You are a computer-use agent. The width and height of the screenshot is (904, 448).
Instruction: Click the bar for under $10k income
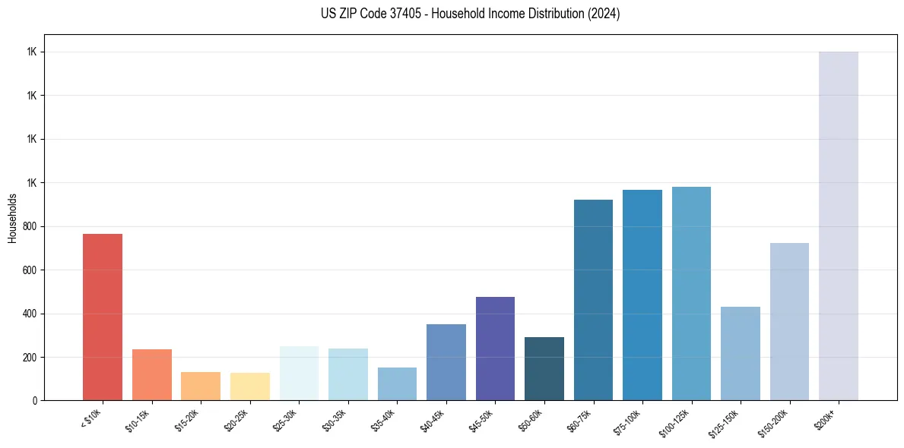tap(103, 317)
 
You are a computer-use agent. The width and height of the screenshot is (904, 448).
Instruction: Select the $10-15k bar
tap(151, 374)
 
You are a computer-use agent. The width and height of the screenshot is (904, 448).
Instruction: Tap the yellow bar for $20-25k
tap(249, 386)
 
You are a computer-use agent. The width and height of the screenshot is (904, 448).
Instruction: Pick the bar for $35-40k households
tap(397, 383)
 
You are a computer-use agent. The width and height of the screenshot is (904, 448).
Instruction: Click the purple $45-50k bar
tap(495, 349)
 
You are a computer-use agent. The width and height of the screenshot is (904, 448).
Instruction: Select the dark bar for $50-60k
tap(544, 368)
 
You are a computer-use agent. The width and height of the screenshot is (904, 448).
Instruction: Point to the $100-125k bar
tap(691, 293)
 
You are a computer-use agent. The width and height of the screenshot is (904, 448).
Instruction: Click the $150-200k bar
tap(789, 321)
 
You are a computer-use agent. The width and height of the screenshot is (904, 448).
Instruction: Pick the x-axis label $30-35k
tap(336, 419)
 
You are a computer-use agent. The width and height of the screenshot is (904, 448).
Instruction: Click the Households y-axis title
tap(13, 218)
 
